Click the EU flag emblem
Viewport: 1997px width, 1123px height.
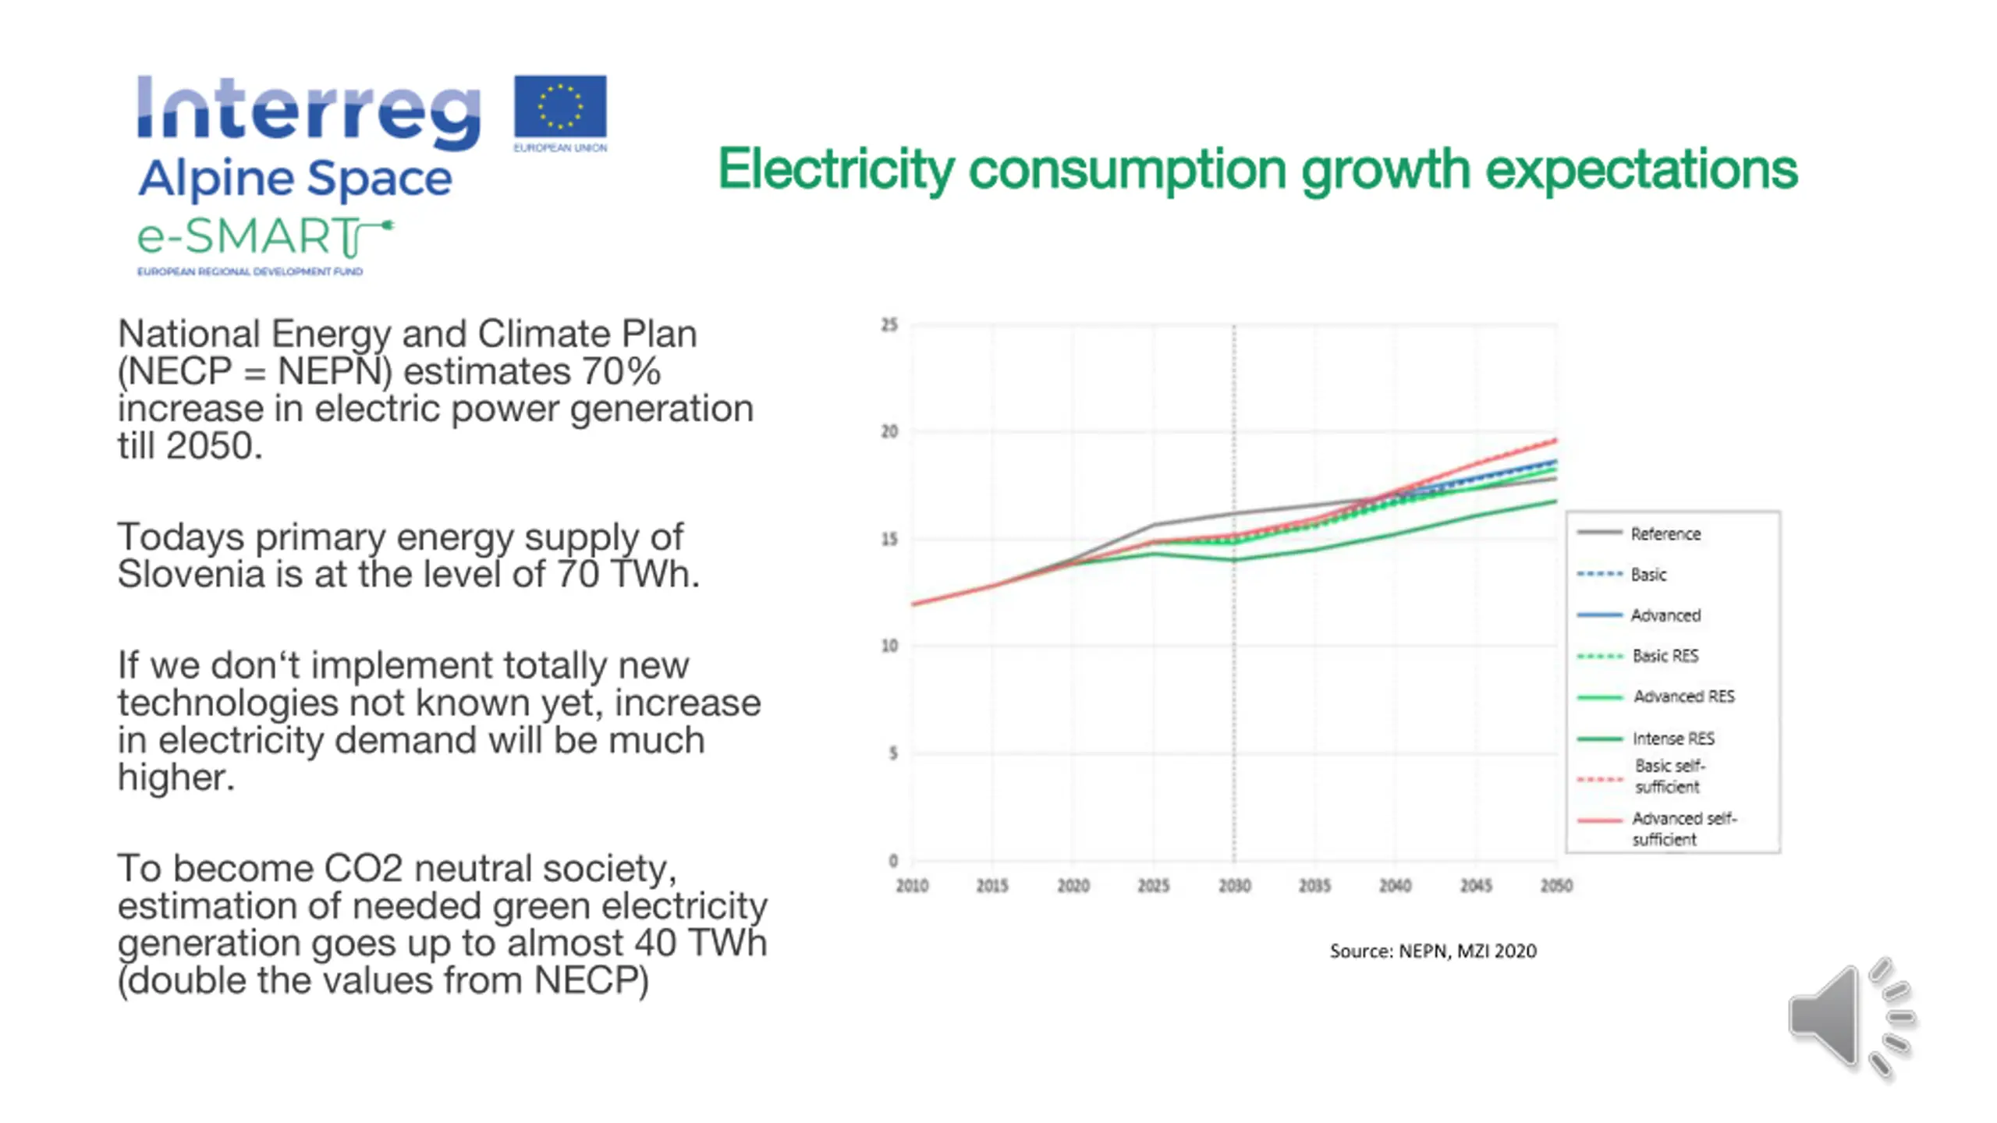pyautogui.click(x=560, y=107)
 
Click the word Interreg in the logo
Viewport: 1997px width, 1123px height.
pyautogui.click(x=309, y=111)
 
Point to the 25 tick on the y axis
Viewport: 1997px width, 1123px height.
pyautogui.click(x=889, y=324)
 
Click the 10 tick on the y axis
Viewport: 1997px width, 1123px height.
pyautogui.click(x=889, y=646)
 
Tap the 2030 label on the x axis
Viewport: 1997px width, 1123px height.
pyautogui.click(x=1234, y=886)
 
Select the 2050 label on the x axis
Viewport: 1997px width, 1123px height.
pyautogui.click(x=1556, y=886)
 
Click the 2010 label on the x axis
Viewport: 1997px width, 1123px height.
pyautogui.click(x=912, y=886)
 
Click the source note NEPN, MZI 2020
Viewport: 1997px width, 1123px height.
pyautogui.click(x=1433, y=951)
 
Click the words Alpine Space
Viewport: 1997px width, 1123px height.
pyautogui.click(x=295, y=179)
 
